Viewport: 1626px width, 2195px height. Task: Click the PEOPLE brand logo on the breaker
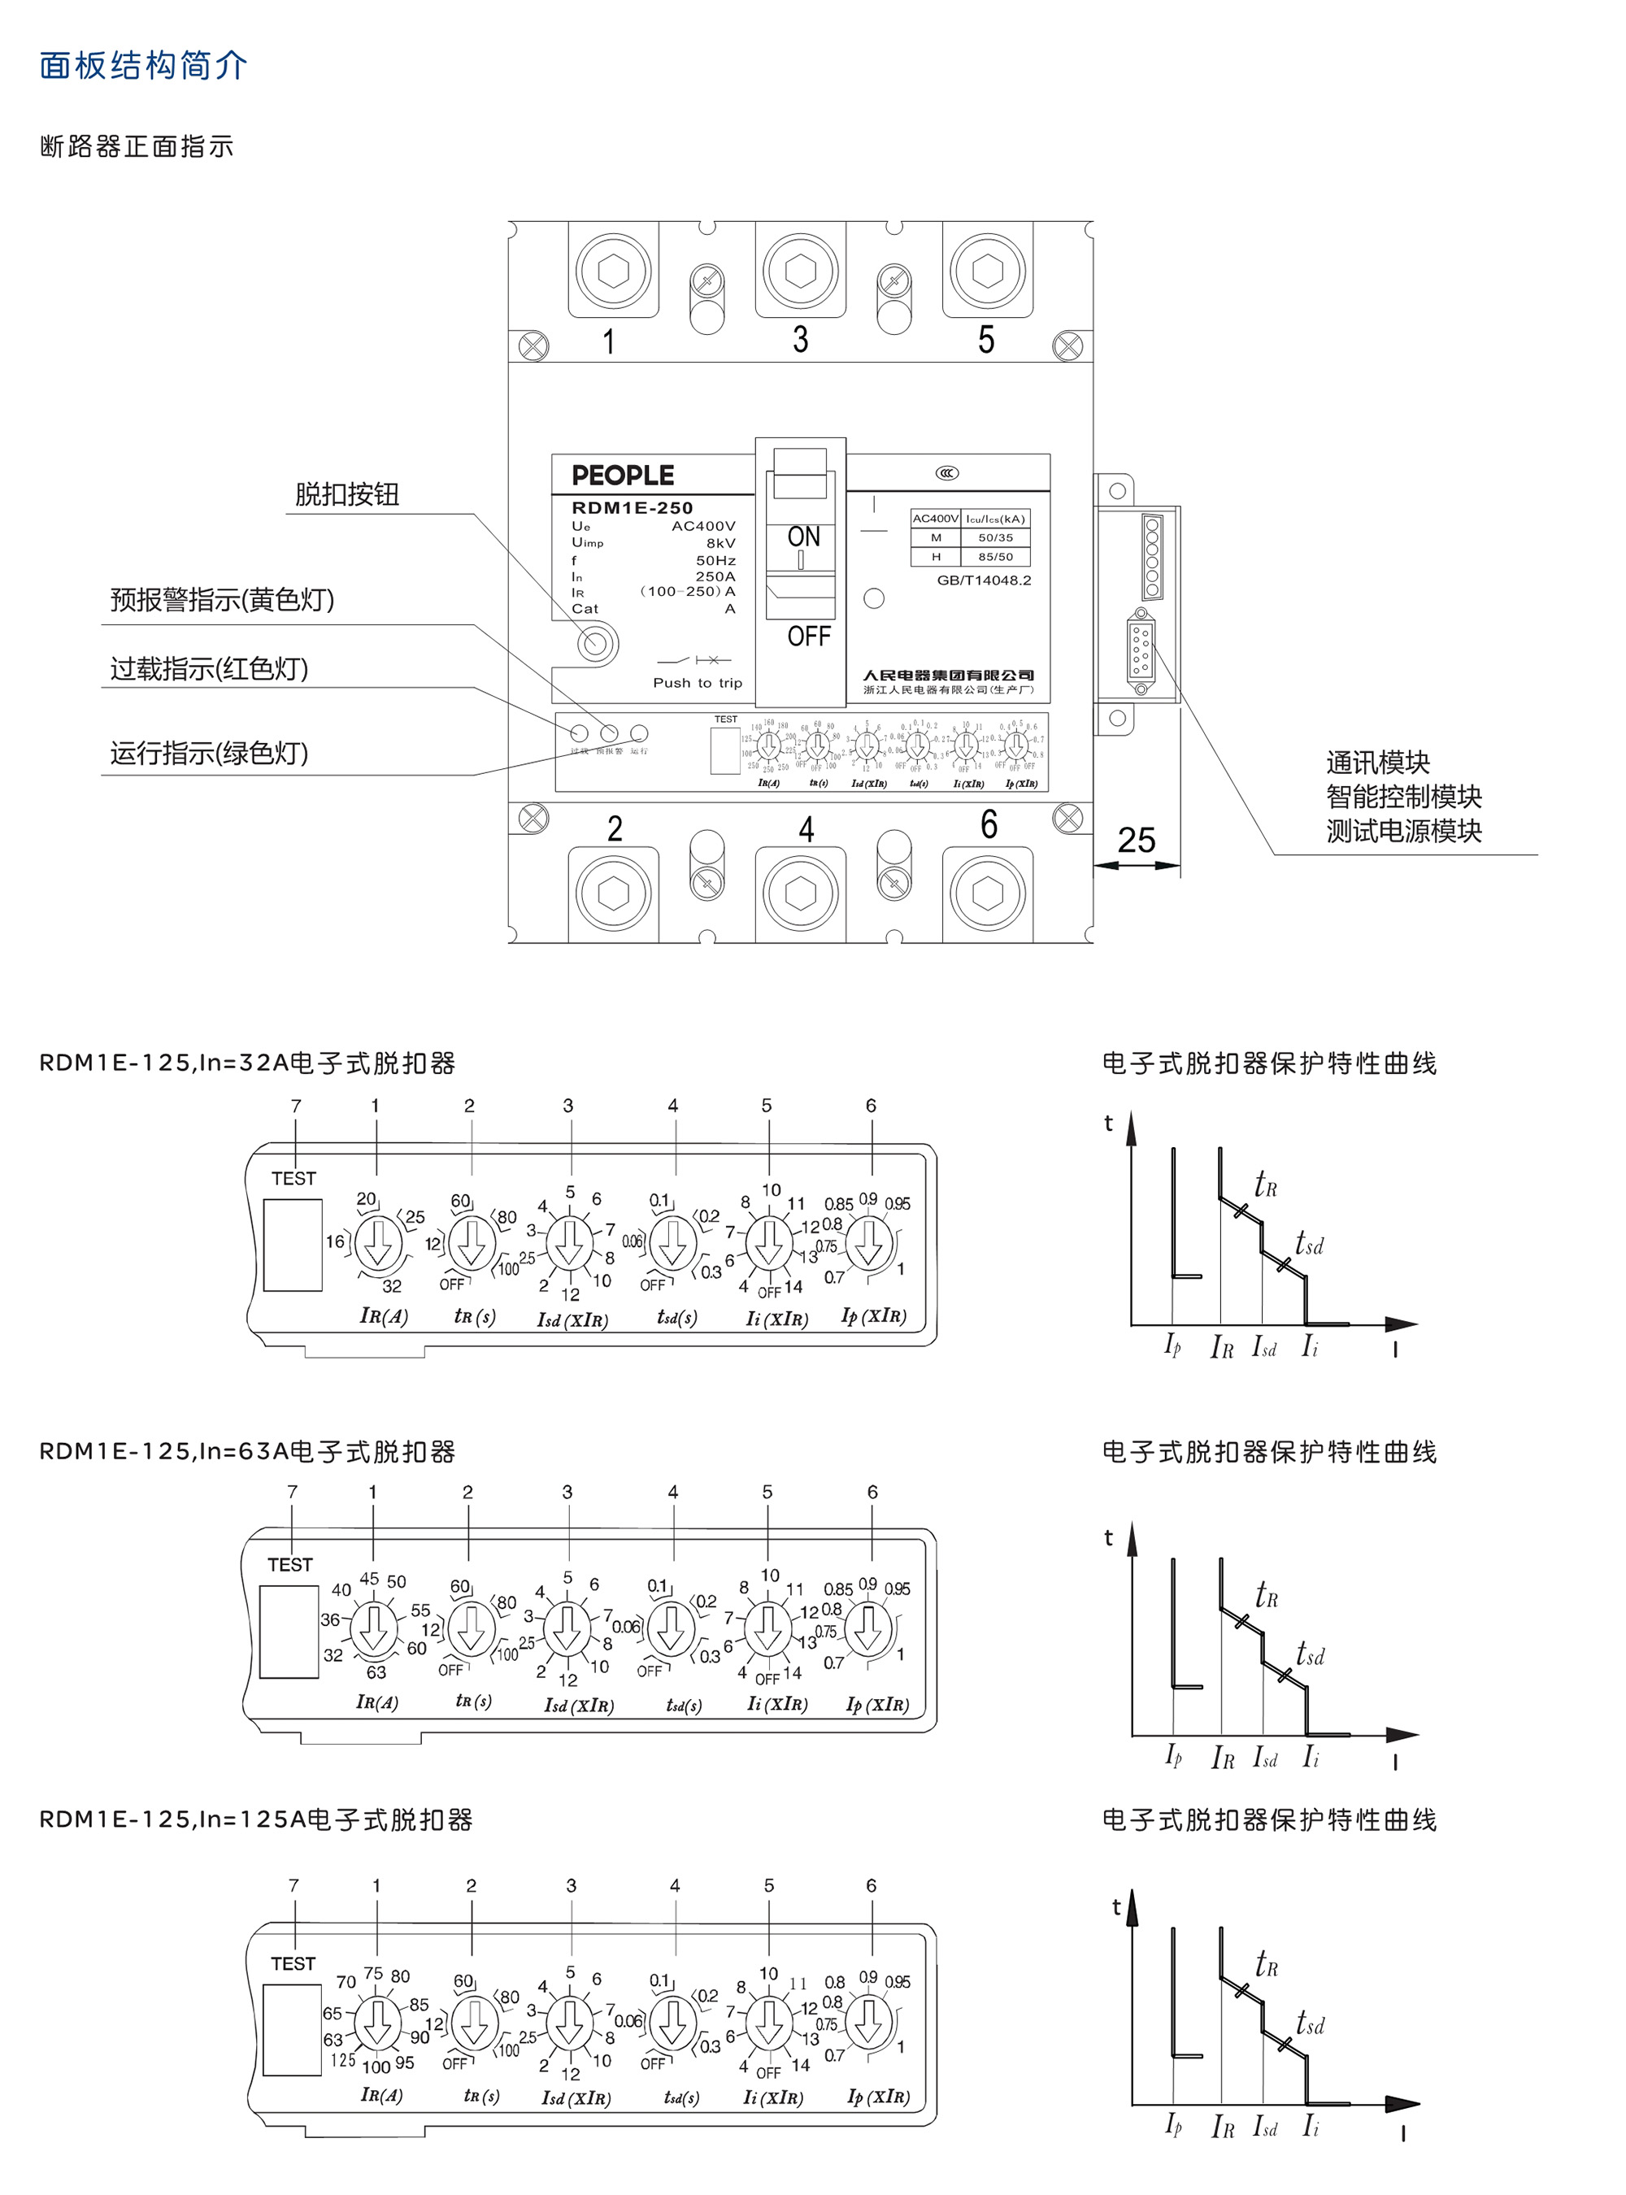[x=622, y=476]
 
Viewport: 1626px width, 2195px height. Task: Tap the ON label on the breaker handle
[x=803, y=537]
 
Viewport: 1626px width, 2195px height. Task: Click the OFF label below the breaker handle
[x=808, y=636]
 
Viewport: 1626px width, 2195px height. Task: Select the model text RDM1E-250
[x=632, y=508]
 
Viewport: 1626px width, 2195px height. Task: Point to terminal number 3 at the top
[x=800, y=340]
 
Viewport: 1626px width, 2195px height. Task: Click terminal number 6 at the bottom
[x=988, y=825]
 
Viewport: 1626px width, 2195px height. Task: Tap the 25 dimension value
[x=1136, y=840]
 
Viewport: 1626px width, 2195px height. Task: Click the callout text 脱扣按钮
[x=346, y=494]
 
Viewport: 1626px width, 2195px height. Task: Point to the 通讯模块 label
[x=1377, y=762]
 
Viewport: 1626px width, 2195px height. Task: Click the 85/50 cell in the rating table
[x=995, y=557]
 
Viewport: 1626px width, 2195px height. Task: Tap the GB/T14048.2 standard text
[x=983, y=580]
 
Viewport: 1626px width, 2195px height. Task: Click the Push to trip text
[x=697, y=683]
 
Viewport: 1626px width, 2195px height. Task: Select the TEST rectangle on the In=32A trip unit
[x=293, y=1245]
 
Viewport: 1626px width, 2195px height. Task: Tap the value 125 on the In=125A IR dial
[x=342, y=2060]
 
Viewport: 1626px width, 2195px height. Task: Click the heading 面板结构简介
[x=144, y=65]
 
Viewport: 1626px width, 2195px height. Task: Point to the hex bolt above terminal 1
[x=612, y=271]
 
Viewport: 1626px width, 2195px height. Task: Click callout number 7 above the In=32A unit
[x=295, y=1106]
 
